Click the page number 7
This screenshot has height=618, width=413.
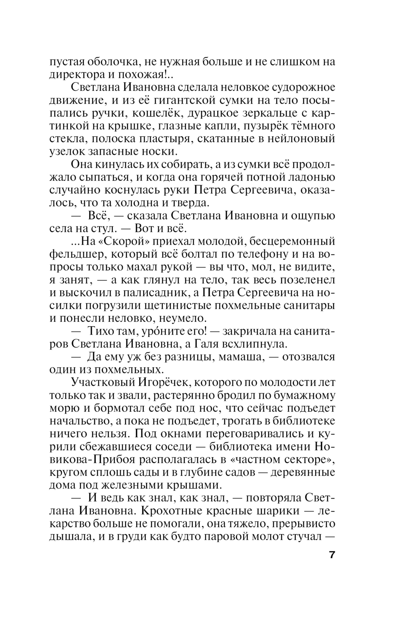click(x=332, y=554)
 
